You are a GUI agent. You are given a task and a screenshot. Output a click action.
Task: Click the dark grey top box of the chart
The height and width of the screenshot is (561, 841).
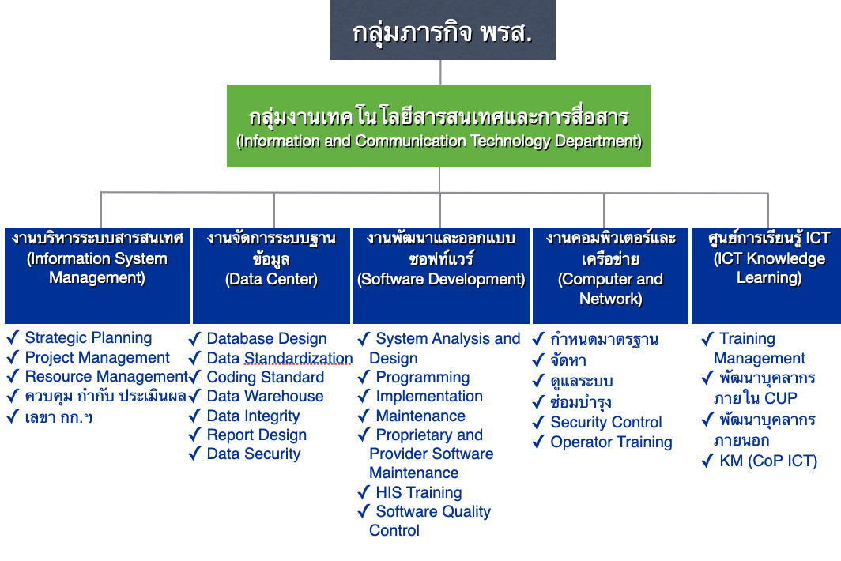click(x=443, y=30)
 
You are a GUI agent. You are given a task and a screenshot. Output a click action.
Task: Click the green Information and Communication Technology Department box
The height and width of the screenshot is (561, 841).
click(x=439, y=126)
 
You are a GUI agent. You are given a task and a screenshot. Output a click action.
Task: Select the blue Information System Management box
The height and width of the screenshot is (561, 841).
click(x=97, y=276)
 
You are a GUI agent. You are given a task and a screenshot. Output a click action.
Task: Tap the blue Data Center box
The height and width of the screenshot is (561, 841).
click(x=271, y=276)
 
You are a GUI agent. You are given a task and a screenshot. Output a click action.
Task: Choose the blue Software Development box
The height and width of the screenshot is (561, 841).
click(x=441, y=276)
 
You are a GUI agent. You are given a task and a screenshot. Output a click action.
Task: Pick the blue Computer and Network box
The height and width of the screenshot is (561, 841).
click(x=610, y=276)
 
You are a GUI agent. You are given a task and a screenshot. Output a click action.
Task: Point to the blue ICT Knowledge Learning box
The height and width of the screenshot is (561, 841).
click(x=767, y=276)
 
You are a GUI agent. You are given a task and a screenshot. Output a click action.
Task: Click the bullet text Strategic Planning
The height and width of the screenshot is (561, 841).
click(x=89, y=338)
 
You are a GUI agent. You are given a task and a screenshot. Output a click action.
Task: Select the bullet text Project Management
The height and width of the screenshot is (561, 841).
click(x=97, y=357)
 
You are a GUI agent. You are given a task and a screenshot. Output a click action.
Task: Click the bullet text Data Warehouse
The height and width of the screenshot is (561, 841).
click(x=265, y=397)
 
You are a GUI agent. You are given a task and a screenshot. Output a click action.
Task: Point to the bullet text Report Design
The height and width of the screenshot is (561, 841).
click(x=257, y=435)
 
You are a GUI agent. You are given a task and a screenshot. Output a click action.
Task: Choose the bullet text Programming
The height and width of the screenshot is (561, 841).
click(x=423, y=378)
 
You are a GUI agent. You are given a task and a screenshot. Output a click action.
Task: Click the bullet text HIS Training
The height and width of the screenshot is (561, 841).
click(x=419, y=492)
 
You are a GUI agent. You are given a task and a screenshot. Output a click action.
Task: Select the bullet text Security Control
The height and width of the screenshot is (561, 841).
click(x=606, y=423)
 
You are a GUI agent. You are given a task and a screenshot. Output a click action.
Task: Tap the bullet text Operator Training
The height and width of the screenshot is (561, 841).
click(x=612, y=442)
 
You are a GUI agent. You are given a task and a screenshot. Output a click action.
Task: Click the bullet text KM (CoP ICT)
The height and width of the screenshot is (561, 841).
click(x=768, y=461)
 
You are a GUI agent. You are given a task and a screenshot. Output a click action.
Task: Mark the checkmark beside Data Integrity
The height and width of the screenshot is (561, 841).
click(x=194, y=416)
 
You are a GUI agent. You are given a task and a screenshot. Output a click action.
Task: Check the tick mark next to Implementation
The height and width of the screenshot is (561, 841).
click(x=364, y=397)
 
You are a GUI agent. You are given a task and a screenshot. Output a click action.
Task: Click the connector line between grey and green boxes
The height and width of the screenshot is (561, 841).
click(x=440, y=73)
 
